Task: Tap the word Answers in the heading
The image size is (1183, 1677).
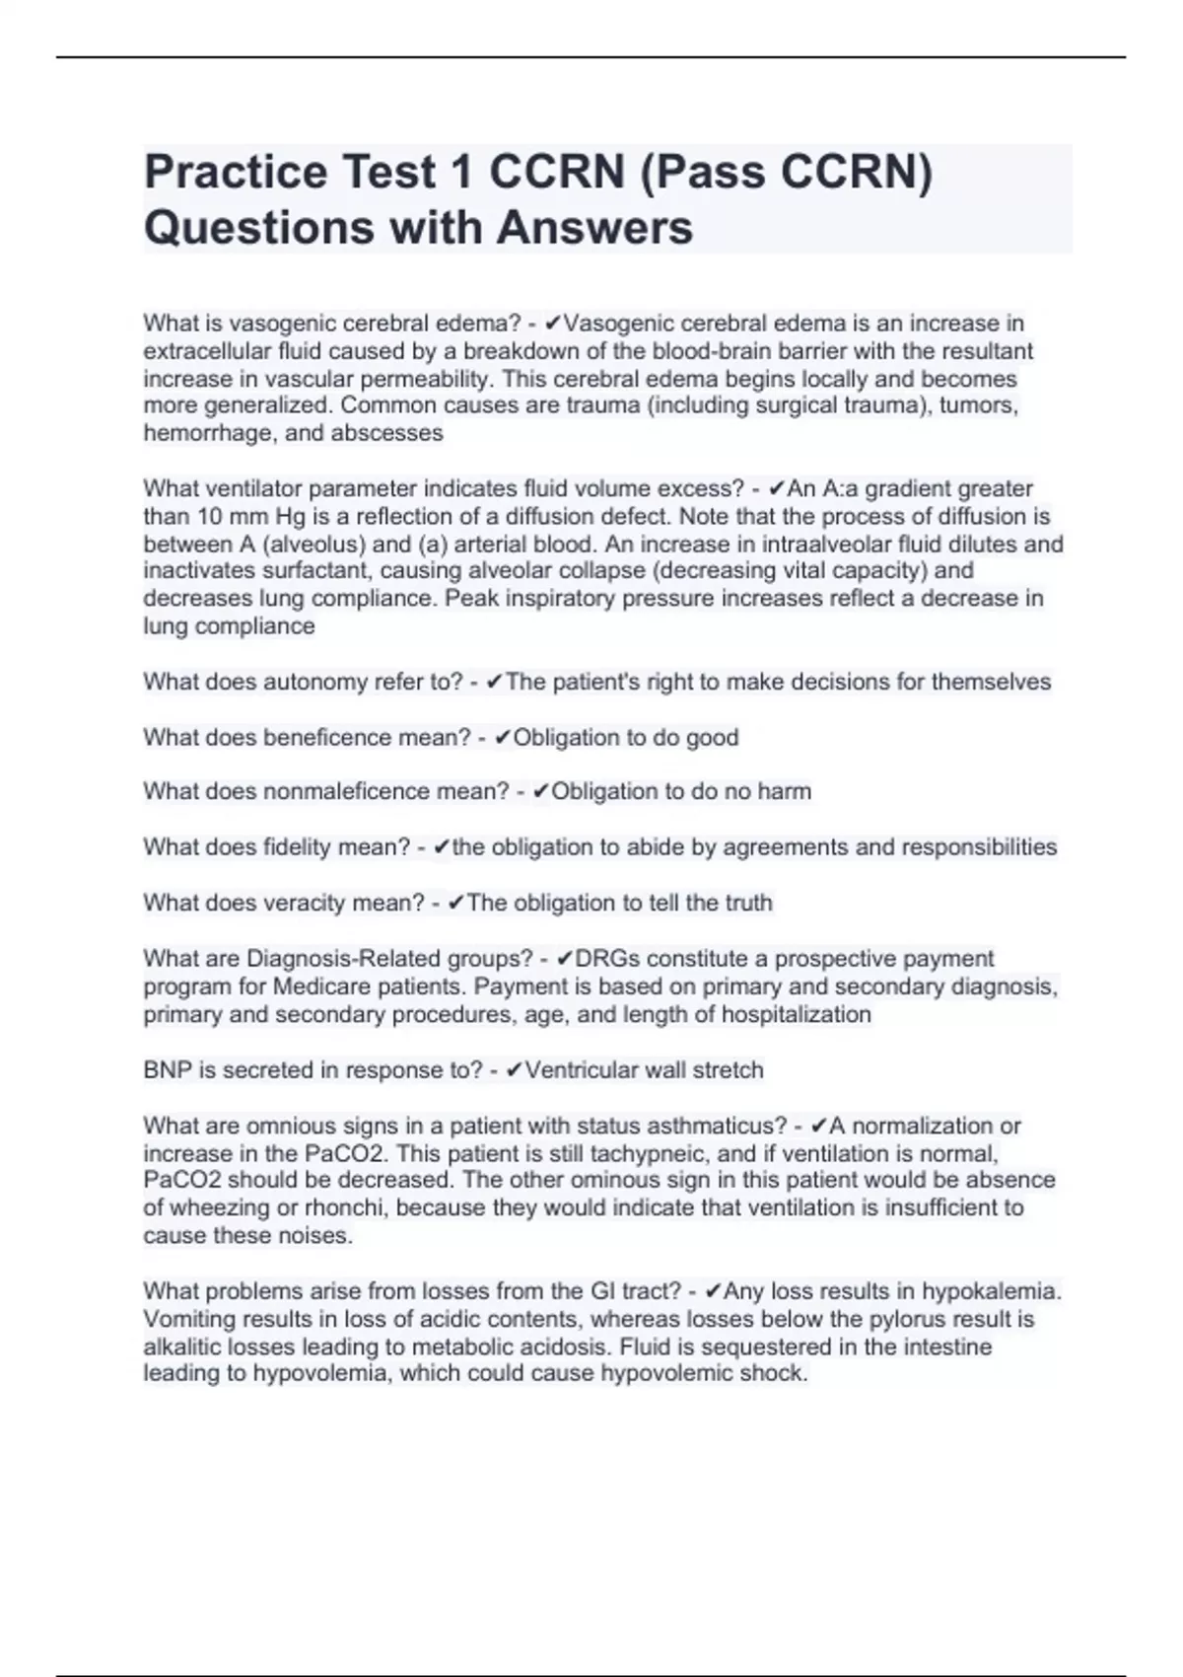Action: pos(594,228)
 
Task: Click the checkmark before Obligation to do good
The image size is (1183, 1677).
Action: pos(502,738)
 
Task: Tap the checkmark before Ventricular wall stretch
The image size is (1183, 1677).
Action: pos(514,1070)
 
